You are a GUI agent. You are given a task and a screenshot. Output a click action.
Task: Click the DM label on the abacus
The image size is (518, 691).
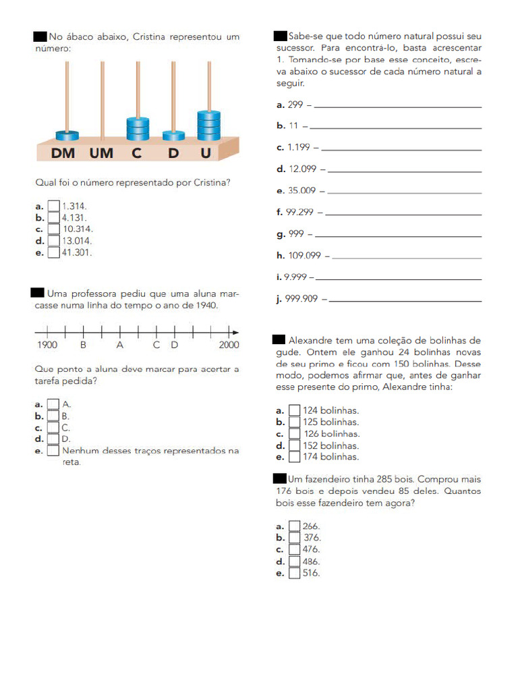63,153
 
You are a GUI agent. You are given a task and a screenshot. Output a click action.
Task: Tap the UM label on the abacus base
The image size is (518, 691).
101,153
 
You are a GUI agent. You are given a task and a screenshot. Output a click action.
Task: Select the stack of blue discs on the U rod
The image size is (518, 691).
208,125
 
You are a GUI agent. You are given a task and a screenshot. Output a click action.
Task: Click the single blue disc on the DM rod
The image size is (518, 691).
67,135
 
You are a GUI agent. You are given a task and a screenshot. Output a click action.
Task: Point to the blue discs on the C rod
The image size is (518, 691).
138,128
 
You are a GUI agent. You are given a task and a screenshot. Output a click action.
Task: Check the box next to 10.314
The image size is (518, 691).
54,229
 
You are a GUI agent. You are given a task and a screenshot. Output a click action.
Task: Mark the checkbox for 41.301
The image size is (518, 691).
54,252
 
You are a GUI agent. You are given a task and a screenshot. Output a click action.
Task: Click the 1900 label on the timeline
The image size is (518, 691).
47,345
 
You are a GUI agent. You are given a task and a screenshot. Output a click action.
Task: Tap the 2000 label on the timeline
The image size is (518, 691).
229,345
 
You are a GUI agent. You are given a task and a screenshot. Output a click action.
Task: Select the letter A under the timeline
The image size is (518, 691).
120,345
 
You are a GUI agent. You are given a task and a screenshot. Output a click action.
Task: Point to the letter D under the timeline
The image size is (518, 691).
174,345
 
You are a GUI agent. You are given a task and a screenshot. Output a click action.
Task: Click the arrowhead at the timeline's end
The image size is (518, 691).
235,332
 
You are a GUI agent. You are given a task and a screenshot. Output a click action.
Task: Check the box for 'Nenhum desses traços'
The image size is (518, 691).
53,451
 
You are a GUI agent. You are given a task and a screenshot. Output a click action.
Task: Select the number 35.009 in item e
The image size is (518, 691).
302,191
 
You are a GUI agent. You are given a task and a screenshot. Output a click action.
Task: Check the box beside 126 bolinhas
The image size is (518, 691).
295,434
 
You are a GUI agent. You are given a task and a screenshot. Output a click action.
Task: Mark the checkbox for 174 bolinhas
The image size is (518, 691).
295,457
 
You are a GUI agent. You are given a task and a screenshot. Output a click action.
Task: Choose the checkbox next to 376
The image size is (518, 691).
295,538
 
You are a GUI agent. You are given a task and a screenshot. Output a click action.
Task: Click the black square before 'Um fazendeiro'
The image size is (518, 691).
280,478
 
